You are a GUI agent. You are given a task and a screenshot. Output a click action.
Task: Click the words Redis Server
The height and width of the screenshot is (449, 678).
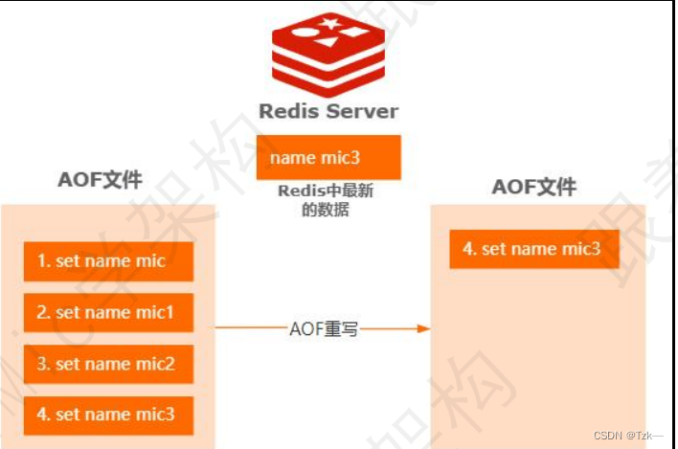point(328,111)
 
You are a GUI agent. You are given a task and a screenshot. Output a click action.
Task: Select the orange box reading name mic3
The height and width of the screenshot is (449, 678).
point(328,158)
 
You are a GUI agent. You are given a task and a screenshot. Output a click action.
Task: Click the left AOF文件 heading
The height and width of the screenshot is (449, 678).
point(100,180)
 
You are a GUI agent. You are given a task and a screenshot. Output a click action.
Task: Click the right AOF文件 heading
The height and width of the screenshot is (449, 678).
point(534,187)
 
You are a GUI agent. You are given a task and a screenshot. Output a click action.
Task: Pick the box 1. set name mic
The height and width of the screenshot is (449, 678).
point(108,261)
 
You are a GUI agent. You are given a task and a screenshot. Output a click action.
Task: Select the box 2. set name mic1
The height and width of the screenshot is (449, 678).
point(108,312)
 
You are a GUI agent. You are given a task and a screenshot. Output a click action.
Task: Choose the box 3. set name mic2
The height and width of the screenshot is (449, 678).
point(108,364)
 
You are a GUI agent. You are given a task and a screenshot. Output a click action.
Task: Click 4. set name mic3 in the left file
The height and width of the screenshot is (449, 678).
point(108,415)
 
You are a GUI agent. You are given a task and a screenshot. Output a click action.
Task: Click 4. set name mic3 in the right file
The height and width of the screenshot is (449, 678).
point(534,249)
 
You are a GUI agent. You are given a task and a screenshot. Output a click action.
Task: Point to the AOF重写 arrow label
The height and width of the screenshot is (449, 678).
point(325,329)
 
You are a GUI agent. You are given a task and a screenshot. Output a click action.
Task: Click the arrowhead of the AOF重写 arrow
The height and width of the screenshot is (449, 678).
point(421,329)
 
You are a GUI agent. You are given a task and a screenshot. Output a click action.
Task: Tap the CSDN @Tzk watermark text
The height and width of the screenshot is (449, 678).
point(629,436)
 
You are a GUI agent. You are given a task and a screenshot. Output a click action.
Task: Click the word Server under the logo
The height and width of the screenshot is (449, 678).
point(361,111)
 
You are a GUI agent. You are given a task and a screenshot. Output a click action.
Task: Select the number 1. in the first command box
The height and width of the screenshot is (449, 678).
point(43,261)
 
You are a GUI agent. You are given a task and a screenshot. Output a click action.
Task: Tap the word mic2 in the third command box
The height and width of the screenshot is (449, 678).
point(155,364)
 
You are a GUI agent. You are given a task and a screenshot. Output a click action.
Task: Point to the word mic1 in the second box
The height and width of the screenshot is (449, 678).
point(155,312)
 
